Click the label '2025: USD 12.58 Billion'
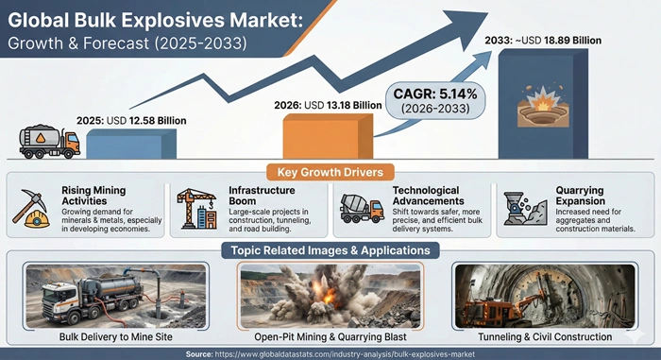coord(133,121)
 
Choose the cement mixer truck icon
coord(360,207)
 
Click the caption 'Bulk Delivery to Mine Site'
coord(115,335)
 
